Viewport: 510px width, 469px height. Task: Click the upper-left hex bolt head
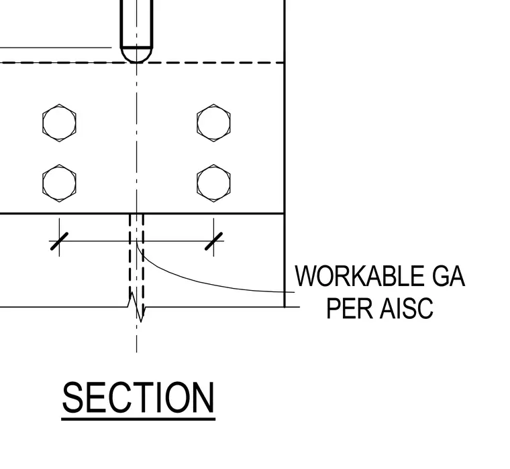pyautogui.click(x=59, y=123)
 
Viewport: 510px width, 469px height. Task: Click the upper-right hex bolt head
pyautogui.click(x=213, y=123)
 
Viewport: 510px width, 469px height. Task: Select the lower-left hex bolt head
pyautogui.click(x=59, y=183)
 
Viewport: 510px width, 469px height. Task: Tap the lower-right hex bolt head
pyautogui.click(x=213, y=183)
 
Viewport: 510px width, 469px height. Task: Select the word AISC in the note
pyautogui.click(x=407, y=308)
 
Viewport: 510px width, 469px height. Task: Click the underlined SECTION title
pyautogui.click(x=138, y=397)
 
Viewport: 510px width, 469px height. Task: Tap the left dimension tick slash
pyautogui.click(x=59, y=241)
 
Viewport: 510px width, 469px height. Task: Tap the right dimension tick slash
pyautogui.click(x=213, y=241)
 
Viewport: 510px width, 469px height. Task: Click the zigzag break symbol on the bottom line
pyautogui.click(x=137, y=307)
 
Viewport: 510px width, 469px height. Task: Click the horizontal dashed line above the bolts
pyautogui.click(x=142, y=62)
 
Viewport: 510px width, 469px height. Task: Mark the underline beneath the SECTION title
pyautogui.click(x=138, y=419)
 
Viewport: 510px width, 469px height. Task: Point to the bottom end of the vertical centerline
pyautogui.click(x=137, y=352)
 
